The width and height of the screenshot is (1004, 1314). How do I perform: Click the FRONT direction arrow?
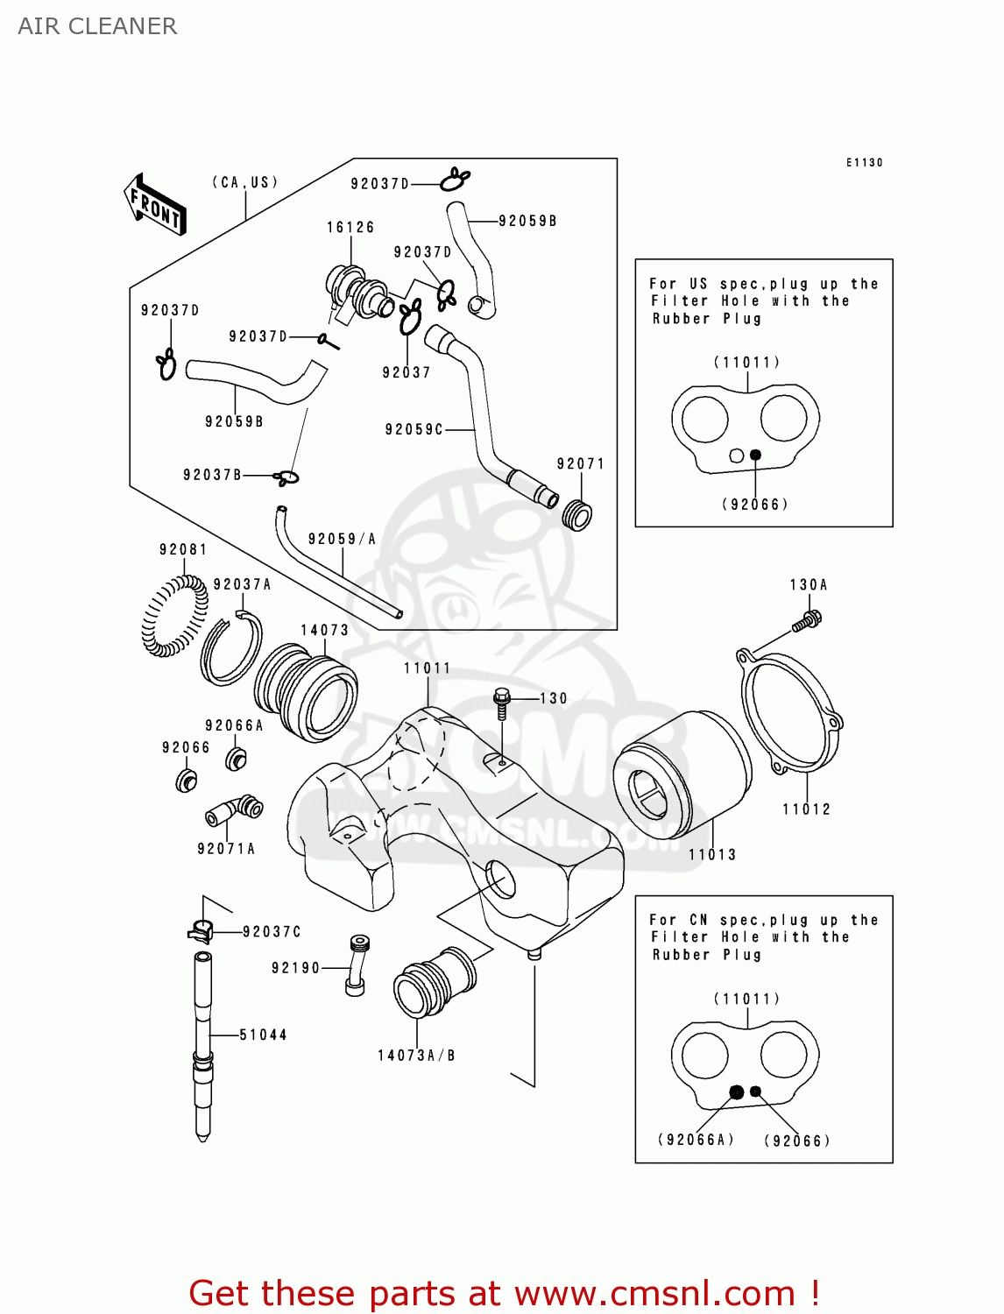pyautogui.click(x=155, y=205)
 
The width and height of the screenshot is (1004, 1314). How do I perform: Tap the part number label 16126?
pyautogui.click(x=350, y=228)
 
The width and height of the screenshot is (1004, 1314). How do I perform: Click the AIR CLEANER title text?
pyautogui.click(x=97, y=26)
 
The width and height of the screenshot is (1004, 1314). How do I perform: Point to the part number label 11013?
pyautogui.click(x=711, y=854)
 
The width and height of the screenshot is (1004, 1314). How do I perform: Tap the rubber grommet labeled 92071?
pyautogui.click(x=576, y=515)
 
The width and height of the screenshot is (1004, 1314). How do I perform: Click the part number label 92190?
pyautogui.click(x=295, y=968)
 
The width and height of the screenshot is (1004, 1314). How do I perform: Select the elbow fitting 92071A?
pyautogui.click(x=234, y=811)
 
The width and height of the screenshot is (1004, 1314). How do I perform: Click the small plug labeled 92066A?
pyautogui.click(x=236, y=758)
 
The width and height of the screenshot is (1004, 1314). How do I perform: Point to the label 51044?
pyautogui.click(x=263, y=1035)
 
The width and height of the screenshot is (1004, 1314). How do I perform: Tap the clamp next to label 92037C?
pyautogui.click(x=201, y=930)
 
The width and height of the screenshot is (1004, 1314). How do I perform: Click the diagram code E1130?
pyautogui.click(x=864, y=163)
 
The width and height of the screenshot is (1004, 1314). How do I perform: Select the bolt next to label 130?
pyautogui.click(x=501, y=702)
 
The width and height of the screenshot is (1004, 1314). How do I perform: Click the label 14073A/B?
pyautogui.click(x=416, y=1056)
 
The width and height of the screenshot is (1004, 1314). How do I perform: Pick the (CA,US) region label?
pyautogui.click(x=245, y=182)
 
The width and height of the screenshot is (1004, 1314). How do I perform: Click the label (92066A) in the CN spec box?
pyautogui.click(x=696, y=1140)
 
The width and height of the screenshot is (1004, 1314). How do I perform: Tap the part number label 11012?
pyautogui.click(x=806, y=809)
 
